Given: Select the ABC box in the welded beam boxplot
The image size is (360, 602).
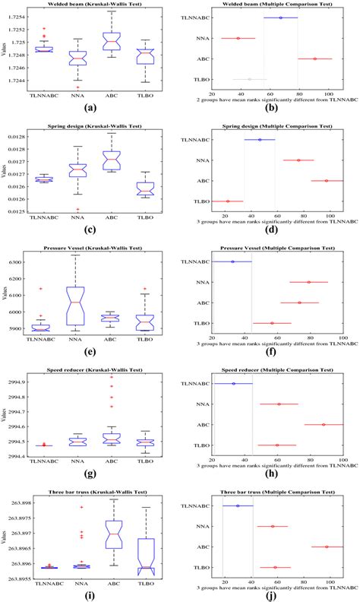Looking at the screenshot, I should tap(111, 41).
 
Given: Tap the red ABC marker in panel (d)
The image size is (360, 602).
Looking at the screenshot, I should tap(326, 181).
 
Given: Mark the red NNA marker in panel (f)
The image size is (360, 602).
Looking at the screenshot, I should tap(308, 282).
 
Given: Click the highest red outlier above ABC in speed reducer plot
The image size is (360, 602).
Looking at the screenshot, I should tap(111, 376).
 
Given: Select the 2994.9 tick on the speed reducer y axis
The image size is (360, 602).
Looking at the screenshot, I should tap(16, 382).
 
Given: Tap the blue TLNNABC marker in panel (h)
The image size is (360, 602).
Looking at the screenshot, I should tap(233, 384).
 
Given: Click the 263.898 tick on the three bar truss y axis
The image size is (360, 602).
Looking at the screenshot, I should tap(16, 503).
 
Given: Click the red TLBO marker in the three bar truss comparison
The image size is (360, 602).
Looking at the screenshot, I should tap(275, 568).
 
